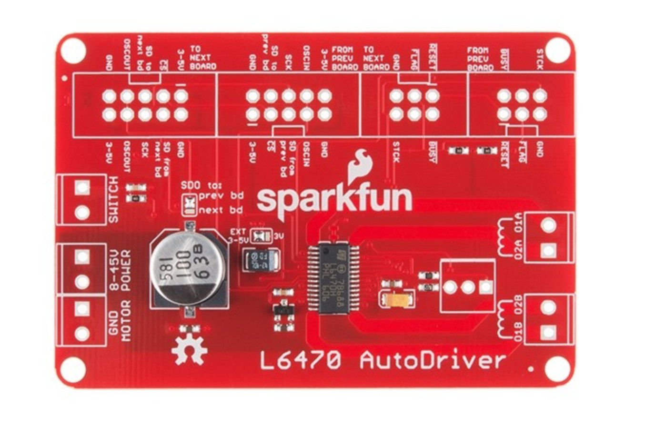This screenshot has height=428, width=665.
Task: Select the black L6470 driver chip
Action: tap(332, 279)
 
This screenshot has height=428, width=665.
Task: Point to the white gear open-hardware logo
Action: tap(189, 349)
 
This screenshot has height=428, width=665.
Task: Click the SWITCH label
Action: tap(113, 199)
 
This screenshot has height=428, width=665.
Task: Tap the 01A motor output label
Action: tap(519, 223)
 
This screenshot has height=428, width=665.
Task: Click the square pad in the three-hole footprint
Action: tap(485, 286)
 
